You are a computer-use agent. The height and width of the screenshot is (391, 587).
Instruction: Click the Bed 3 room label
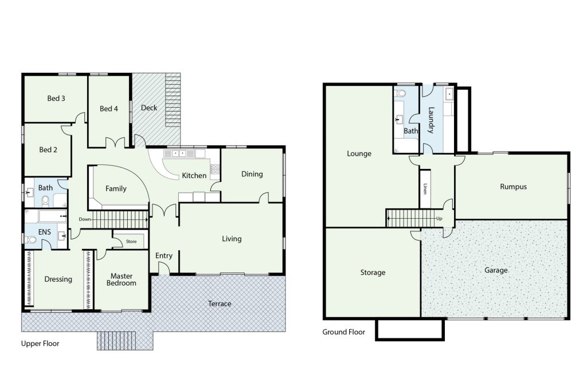pyautogui.click(x=56, y=98)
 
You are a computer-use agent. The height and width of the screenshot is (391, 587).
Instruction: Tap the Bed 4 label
pyautogui.click(x=108, y=109)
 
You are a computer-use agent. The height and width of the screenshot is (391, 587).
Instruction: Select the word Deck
pyautogui.click(x=149, y=108)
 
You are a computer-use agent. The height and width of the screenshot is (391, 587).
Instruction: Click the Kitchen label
pyautogui.click(x=194, y=175)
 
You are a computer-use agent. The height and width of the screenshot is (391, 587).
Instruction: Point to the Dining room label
pyautogui.click(x=252, y=174)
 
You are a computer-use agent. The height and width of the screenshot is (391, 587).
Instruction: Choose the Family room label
pyautogui.click(x=116, y=189)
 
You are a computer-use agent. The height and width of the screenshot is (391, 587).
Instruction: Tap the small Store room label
pyautogui.click(x=131, y=242)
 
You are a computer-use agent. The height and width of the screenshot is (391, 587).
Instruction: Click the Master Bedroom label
pyautogui.click(x=122, y=279)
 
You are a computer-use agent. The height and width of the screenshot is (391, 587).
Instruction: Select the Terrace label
pyautogui.click(x=220, y=303)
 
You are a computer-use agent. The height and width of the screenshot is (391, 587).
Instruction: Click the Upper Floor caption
pyautogui.click(x=40, y=344)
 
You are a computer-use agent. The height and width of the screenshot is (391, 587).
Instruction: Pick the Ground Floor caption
pyautogui.click(x=344, y=332)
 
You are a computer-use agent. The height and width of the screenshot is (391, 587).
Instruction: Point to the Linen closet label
pyautogui.click(x=425, y=189)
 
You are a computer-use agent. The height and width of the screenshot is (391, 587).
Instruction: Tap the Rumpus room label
pyautogui.click(x=513, y=187)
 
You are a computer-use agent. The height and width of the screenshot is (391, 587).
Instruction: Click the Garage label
pyautogui.click(x=496, y=270)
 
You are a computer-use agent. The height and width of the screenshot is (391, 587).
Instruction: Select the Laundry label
pyautogui.click(x=431, y=120)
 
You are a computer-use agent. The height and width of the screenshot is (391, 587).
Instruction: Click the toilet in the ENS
pyautogui.click(x=31, y=240)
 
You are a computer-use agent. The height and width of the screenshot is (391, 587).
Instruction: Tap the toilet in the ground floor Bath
pyautogui.click(x=401, y=93)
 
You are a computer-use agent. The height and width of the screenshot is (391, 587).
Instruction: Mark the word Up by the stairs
pyautogui.click(x=439, y=219)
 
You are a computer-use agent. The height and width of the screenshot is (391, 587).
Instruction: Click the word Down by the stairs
pyautogui.click(x=85, y=219)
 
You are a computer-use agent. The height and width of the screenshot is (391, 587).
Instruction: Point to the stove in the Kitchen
pyautogui.click(x=215, y=169)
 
